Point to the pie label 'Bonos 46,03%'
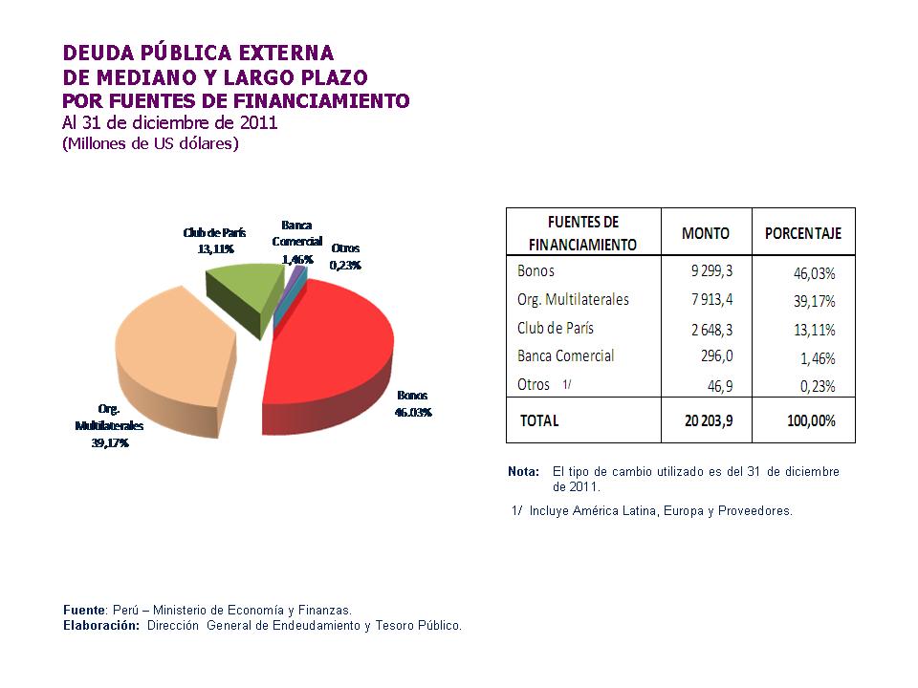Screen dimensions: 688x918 tap(413, 404)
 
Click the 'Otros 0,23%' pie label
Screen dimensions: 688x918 tap(345, 257)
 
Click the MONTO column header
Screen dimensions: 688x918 tap(706, 233)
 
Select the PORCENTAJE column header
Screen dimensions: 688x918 tap(803, 233)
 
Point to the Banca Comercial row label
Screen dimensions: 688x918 tap(565, 355)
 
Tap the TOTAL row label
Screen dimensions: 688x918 tap(539, 420)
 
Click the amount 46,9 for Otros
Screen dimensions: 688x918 tap(716, 385)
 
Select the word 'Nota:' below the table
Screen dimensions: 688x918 tap(523, 472)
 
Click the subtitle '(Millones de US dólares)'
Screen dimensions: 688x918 tap(150, 144)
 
